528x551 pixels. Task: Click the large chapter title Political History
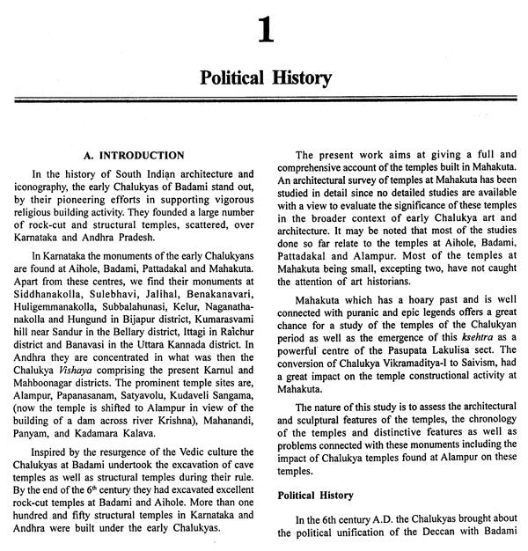264,78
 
